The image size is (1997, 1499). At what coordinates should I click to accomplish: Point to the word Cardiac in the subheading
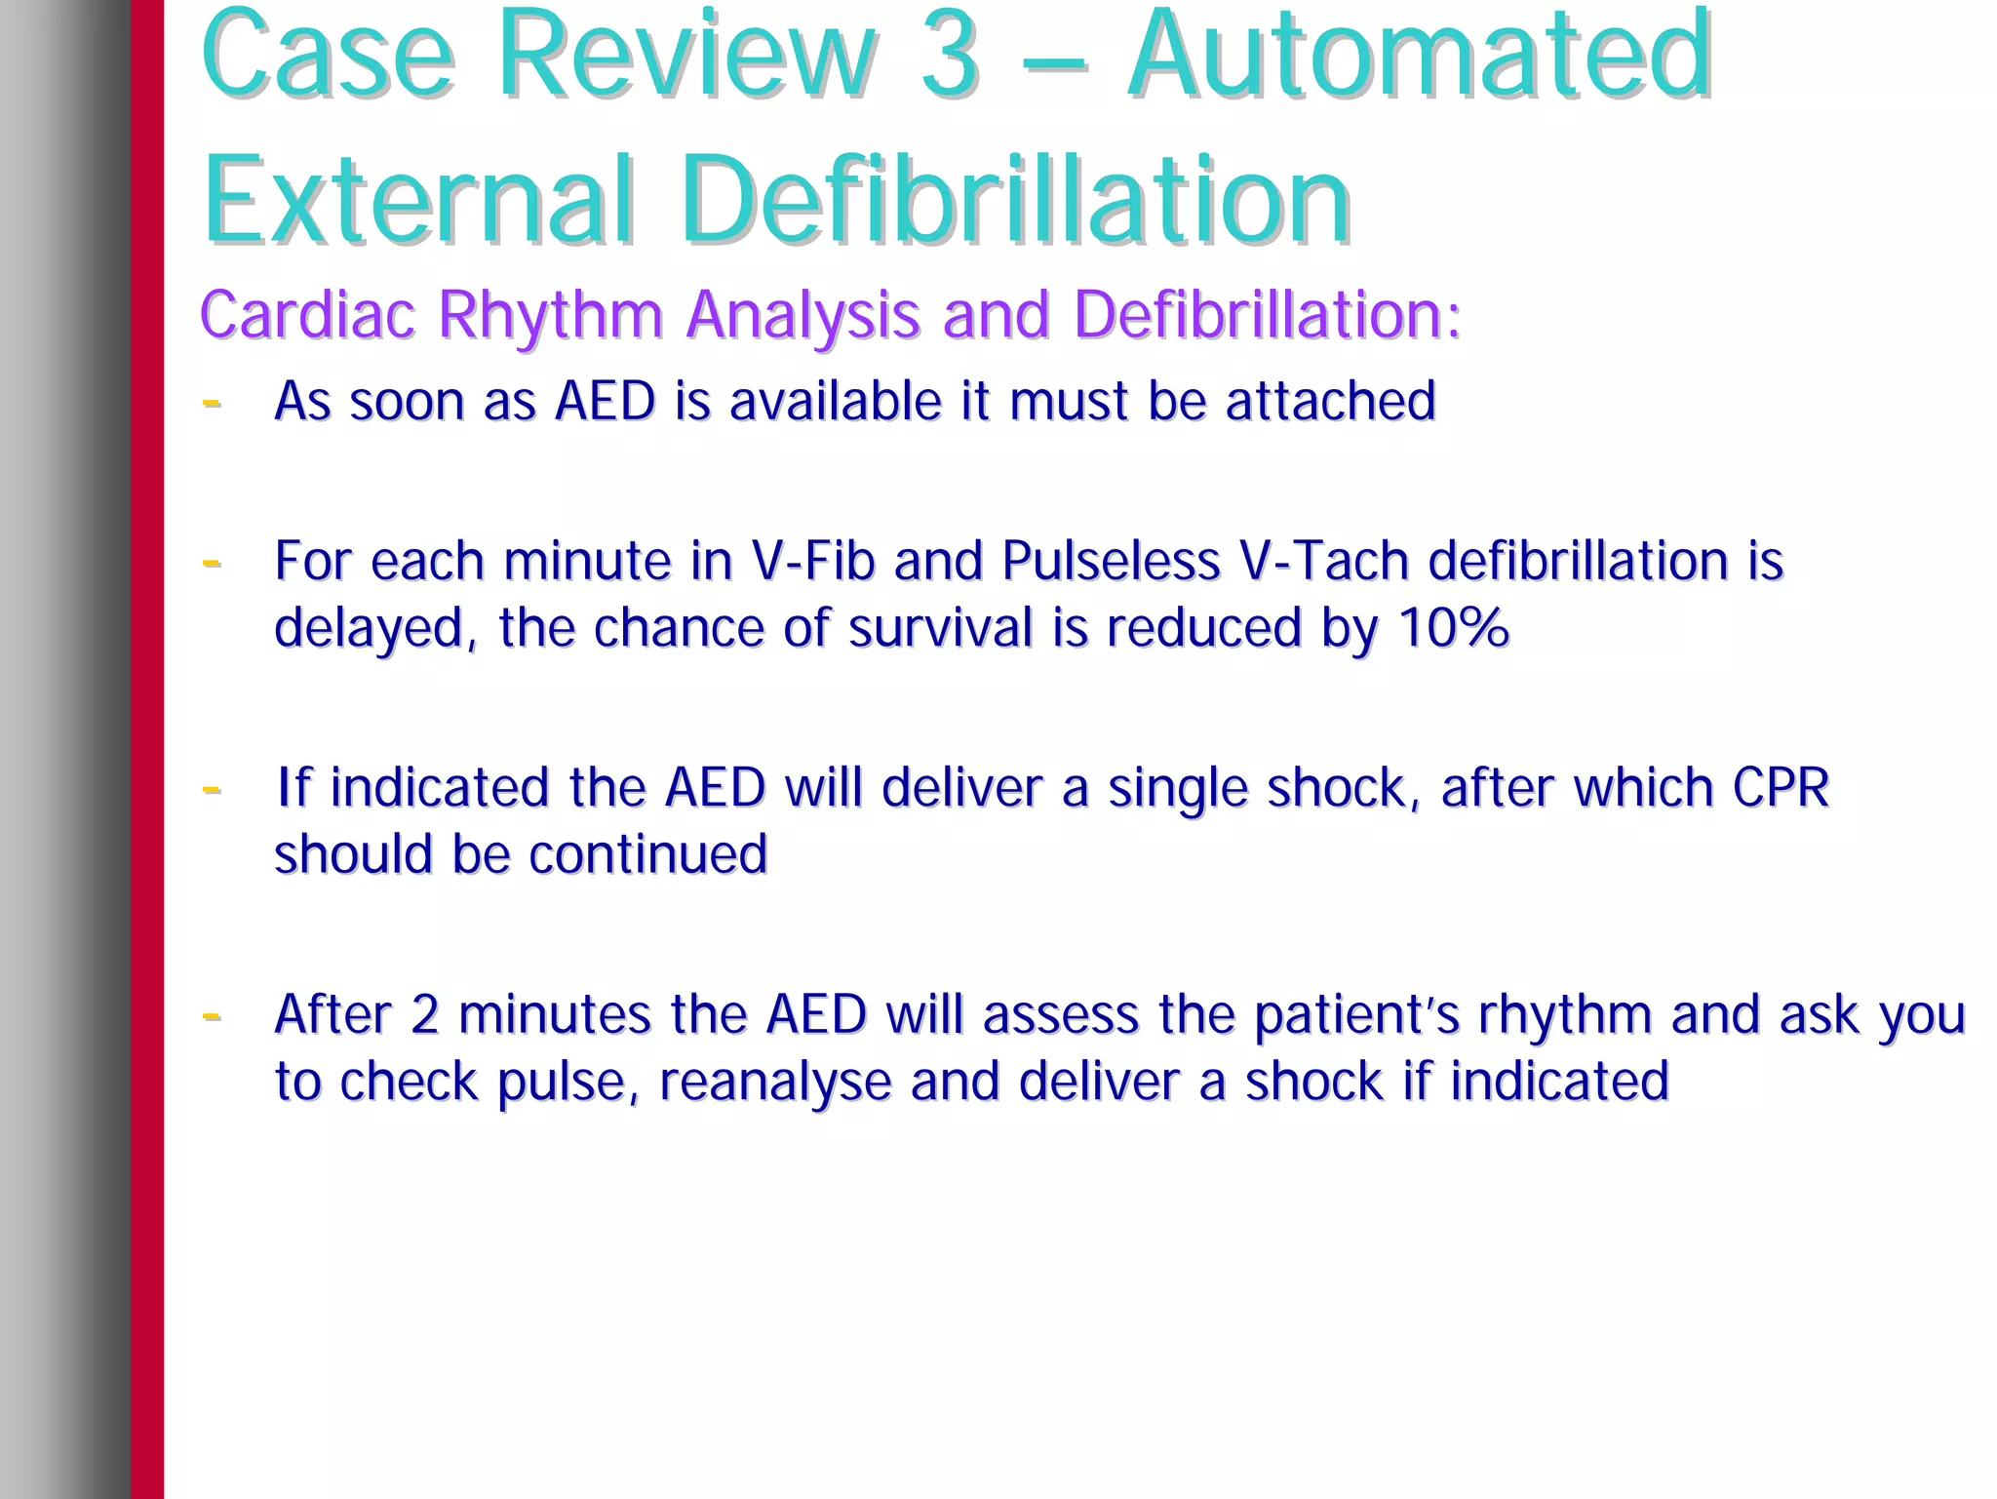click(x=308, y=315)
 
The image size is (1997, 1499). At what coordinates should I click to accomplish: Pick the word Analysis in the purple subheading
click(x=803, y=315)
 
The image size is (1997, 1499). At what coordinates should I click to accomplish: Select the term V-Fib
click(x=812, y=561)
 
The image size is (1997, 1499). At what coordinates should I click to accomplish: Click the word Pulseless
click(x=1111, y=561)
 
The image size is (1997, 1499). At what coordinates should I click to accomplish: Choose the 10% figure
click(x=1453, y=627)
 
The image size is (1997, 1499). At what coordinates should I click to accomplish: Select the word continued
click(x=648, y=854)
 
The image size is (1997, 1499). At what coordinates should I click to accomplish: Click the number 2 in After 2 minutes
click(x=425, y=1014)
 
